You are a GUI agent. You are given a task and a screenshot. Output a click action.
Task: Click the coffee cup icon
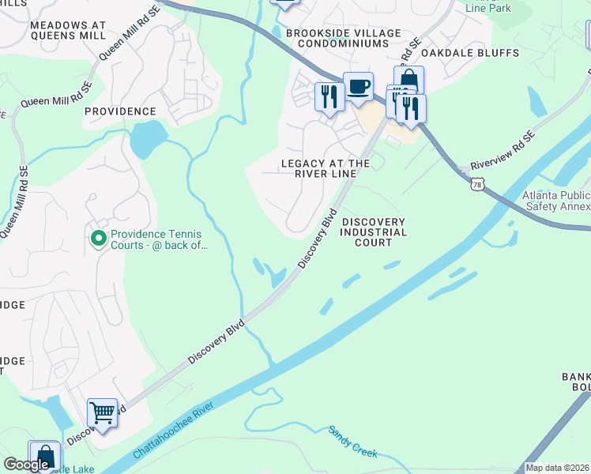click(x=358, y=86)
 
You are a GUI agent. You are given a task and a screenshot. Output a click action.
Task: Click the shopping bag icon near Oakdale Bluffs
click(x=408, y=80)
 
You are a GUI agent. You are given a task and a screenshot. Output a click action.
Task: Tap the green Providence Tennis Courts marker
click(x=99, y=238)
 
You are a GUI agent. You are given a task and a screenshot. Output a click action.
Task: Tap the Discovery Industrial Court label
click(x=374, y=232)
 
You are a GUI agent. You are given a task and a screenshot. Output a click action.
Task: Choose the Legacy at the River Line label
click(x=326, y=169)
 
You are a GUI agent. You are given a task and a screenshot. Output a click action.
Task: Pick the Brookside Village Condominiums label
click(x=343, y=39)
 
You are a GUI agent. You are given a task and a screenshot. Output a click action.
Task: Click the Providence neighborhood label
click(x=120, y=111)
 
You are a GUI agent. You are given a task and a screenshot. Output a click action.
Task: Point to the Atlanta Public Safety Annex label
click(x=555, y=201)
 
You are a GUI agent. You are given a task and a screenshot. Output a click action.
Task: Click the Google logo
click(x=26, y=465)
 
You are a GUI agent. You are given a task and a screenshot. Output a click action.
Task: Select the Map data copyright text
click(x=558, y=468)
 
